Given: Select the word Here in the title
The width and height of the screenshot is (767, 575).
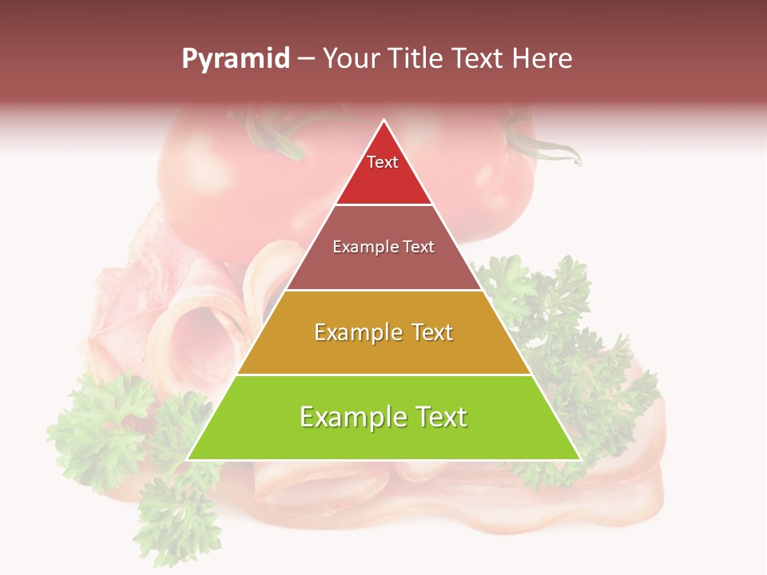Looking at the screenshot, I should coord(542,58).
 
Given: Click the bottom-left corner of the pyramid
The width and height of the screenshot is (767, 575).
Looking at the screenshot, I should coord(189,459).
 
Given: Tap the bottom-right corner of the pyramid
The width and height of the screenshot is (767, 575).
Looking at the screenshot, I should coord(579,459).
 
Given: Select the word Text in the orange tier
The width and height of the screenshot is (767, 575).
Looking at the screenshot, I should coord(427,332).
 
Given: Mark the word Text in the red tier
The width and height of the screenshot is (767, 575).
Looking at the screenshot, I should coord(383,162).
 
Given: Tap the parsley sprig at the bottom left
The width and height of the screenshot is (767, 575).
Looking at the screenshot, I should coord(172,511).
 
